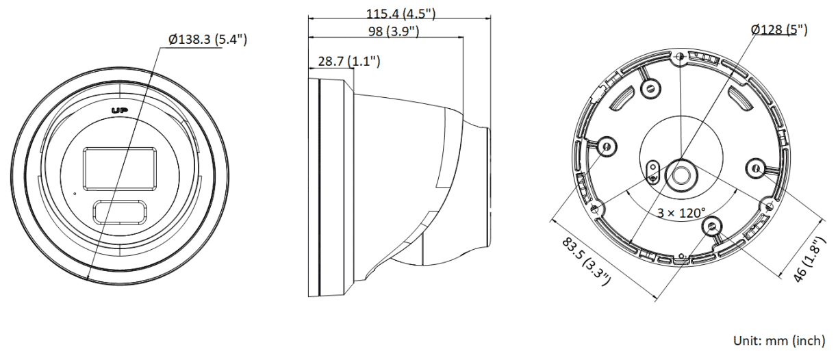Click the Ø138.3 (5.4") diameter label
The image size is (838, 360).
(x=207, y=39)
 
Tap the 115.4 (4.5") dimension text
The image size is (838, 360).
(x=401, y=14)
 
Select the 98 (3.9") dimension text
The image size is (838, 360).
(x=394, y=31)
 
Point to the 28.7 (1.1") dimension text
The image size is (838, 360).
(x=348, y=61)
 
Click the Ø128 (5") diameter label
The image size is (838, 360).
(x=779, y=29)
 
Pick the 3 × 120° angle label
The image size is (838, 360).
(x=681, y=213)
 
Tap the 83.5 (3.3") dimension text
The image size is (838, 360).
(x=586, y=262)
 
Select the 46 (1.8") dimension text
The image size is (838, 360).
(x=809, y=259)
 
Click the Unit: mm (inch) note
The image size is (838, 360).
(x=779, y=341)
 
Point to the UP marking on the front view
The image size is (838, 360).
(x=120, y=110)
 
